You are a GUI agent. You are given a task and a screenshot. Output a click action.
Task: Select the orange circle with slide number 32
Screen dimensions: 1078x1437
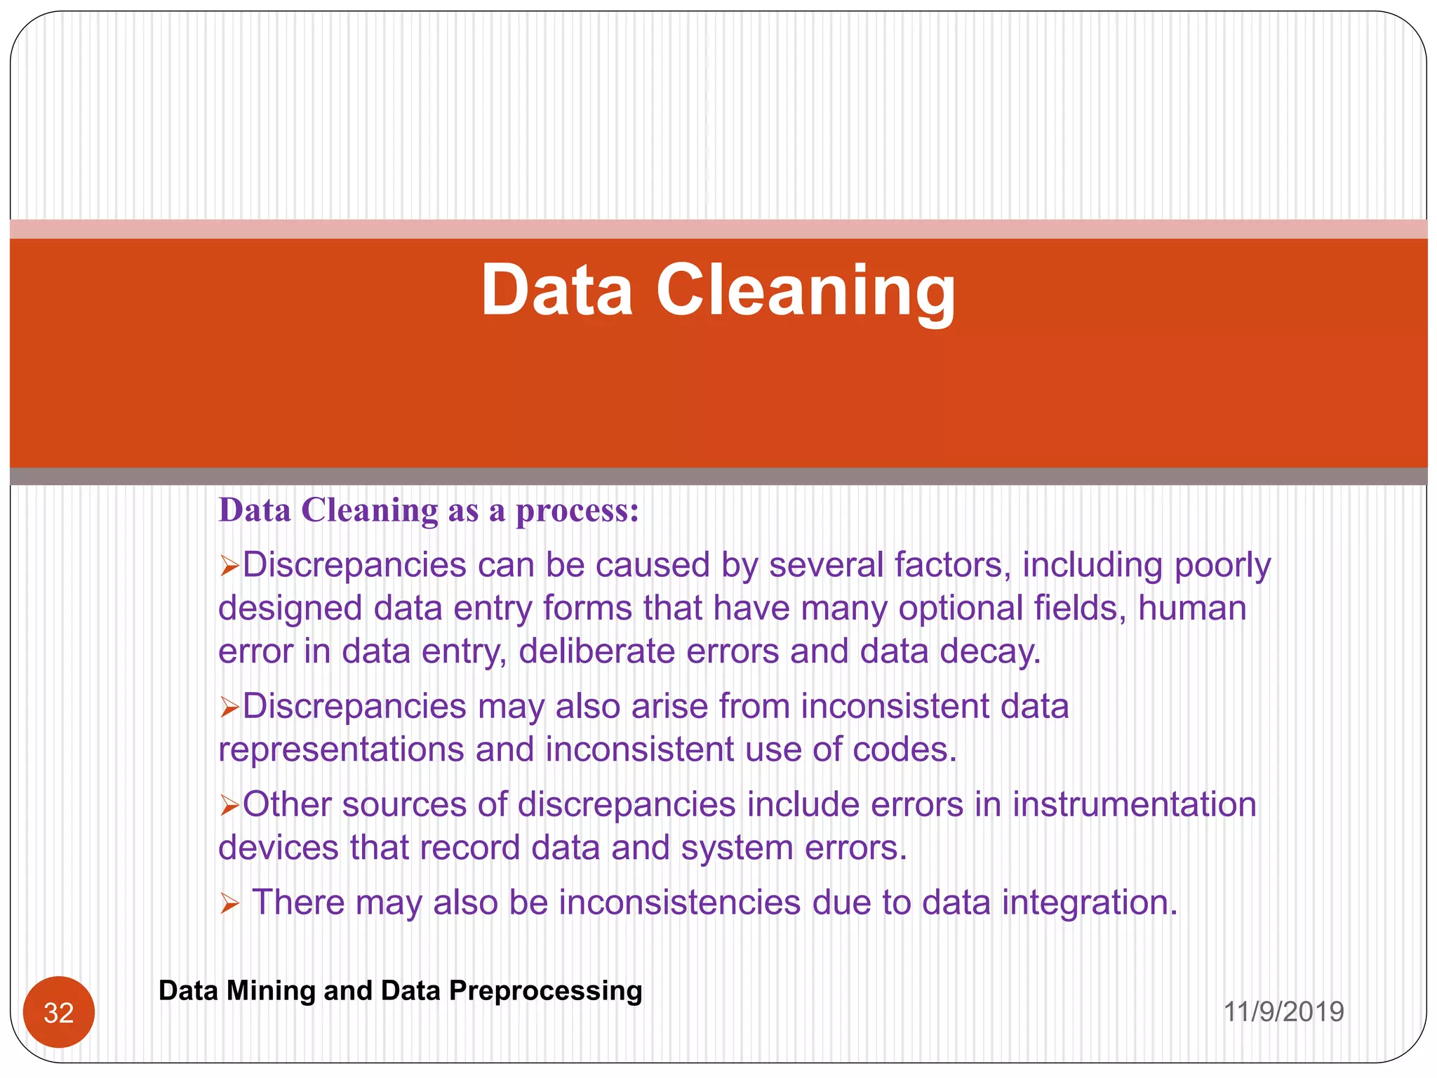pyautogui.click(x=59, y=1012)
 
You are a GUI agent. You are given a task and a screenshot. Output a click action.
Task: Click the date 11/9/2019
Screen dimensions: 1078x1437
pyautogui.click(x=1283, y=1012)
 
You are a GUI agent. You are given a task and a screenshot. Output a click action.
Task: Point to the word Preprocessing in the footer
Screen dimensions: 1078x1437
pyautogui.click(x=545, y=991)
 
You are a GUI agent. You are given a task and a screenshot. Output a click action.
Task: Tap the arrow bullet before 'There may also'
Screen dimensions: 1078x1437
pyautogui.click(x=229, y=903)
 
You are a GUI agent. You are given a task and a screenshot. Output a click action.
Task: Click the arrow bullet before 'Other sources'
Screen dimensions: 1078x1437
pyautogui.click(x=229, y=806)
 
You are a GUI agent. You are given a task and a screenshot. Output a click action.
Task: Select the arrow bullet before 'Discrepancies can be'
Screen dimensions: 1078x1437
pyautogui.click(x=229, y=566)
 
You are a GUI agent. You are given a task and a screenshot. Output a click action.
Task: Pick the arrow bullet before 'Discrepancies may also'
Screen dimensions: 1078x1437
pyautogui.click(x=229, y=707)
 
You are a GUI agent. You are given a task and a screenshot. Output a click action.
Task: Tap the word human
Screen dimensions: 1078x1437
pyautogui.click(x=1191, y=608)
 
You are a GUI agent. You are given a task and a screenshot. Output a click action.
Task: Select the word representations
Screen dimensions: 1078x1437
pyautogui.click(x=342, y=750)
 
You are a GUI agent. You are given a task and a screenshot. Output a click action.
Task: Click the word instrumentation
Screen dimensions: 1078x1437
pyautogui.click(x=1134, y=804)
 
